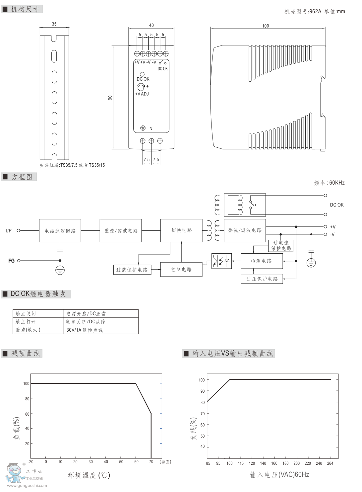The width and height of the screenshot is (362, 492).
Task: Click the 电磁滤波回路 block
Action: point(60,231)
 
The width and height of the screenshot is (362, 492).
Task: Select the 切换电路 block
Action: point(181,230)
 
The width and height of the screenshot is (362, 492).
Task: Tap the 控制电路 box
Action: point(181,269)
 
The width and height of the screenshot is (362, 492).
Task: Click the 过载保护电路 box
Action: point(132,270)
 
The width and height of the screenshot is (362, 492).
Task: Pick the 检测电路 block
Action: point(262,261)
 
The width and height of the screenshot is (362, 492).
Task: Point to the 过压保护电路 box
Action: point(262,279)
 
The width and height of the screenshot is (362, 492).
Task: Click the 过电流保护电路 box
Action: point(281,246)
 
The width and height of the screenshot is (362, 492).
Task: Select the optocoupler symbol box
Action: point(221,261)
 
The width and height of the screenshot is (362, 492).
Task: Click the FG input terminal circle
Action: point(19,261)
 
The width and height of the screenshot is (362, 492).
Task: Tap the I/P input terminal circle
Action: point(19,230)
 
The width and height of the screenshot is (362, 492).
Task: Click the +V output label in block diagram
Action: point(332,227)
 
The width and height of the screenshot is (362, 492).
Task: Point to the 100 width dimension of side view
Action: point(266,26)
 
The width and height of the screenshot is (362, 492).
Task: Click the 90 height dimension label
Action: point(110,98)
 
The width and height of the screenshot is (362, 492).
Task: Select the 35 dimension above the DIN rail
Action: point(54,24)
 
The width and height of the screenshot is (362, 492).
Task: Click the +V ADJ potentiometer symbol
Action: point(141,87)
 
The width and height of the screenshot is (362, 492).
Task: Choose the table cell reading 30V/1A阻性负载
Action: point(101,330)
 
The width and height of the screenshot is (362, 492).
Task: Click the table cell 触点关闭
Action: point(38,314)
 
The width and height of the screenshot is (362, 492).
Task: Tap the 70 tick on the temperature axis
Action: point(151,462)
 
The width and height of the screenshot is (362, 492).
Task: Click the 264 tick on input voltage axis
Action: point(330,463)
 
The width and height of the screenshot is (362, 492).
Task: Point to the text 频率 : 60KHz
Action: point(329,183)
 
